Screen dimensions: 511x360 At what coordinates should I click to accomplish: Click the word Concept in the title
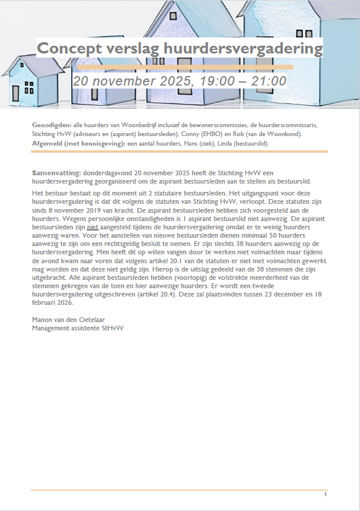click(x=69, y=49)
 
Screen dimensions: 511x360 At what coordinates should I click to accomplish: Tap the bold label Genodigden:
click(x=52, y=125)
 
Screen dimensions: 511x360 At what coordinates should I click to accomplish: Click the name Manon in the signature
click(x=43, y=320)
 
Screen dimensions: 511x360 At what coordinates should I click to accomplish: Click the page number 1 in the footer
click(x=326, y=494)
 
